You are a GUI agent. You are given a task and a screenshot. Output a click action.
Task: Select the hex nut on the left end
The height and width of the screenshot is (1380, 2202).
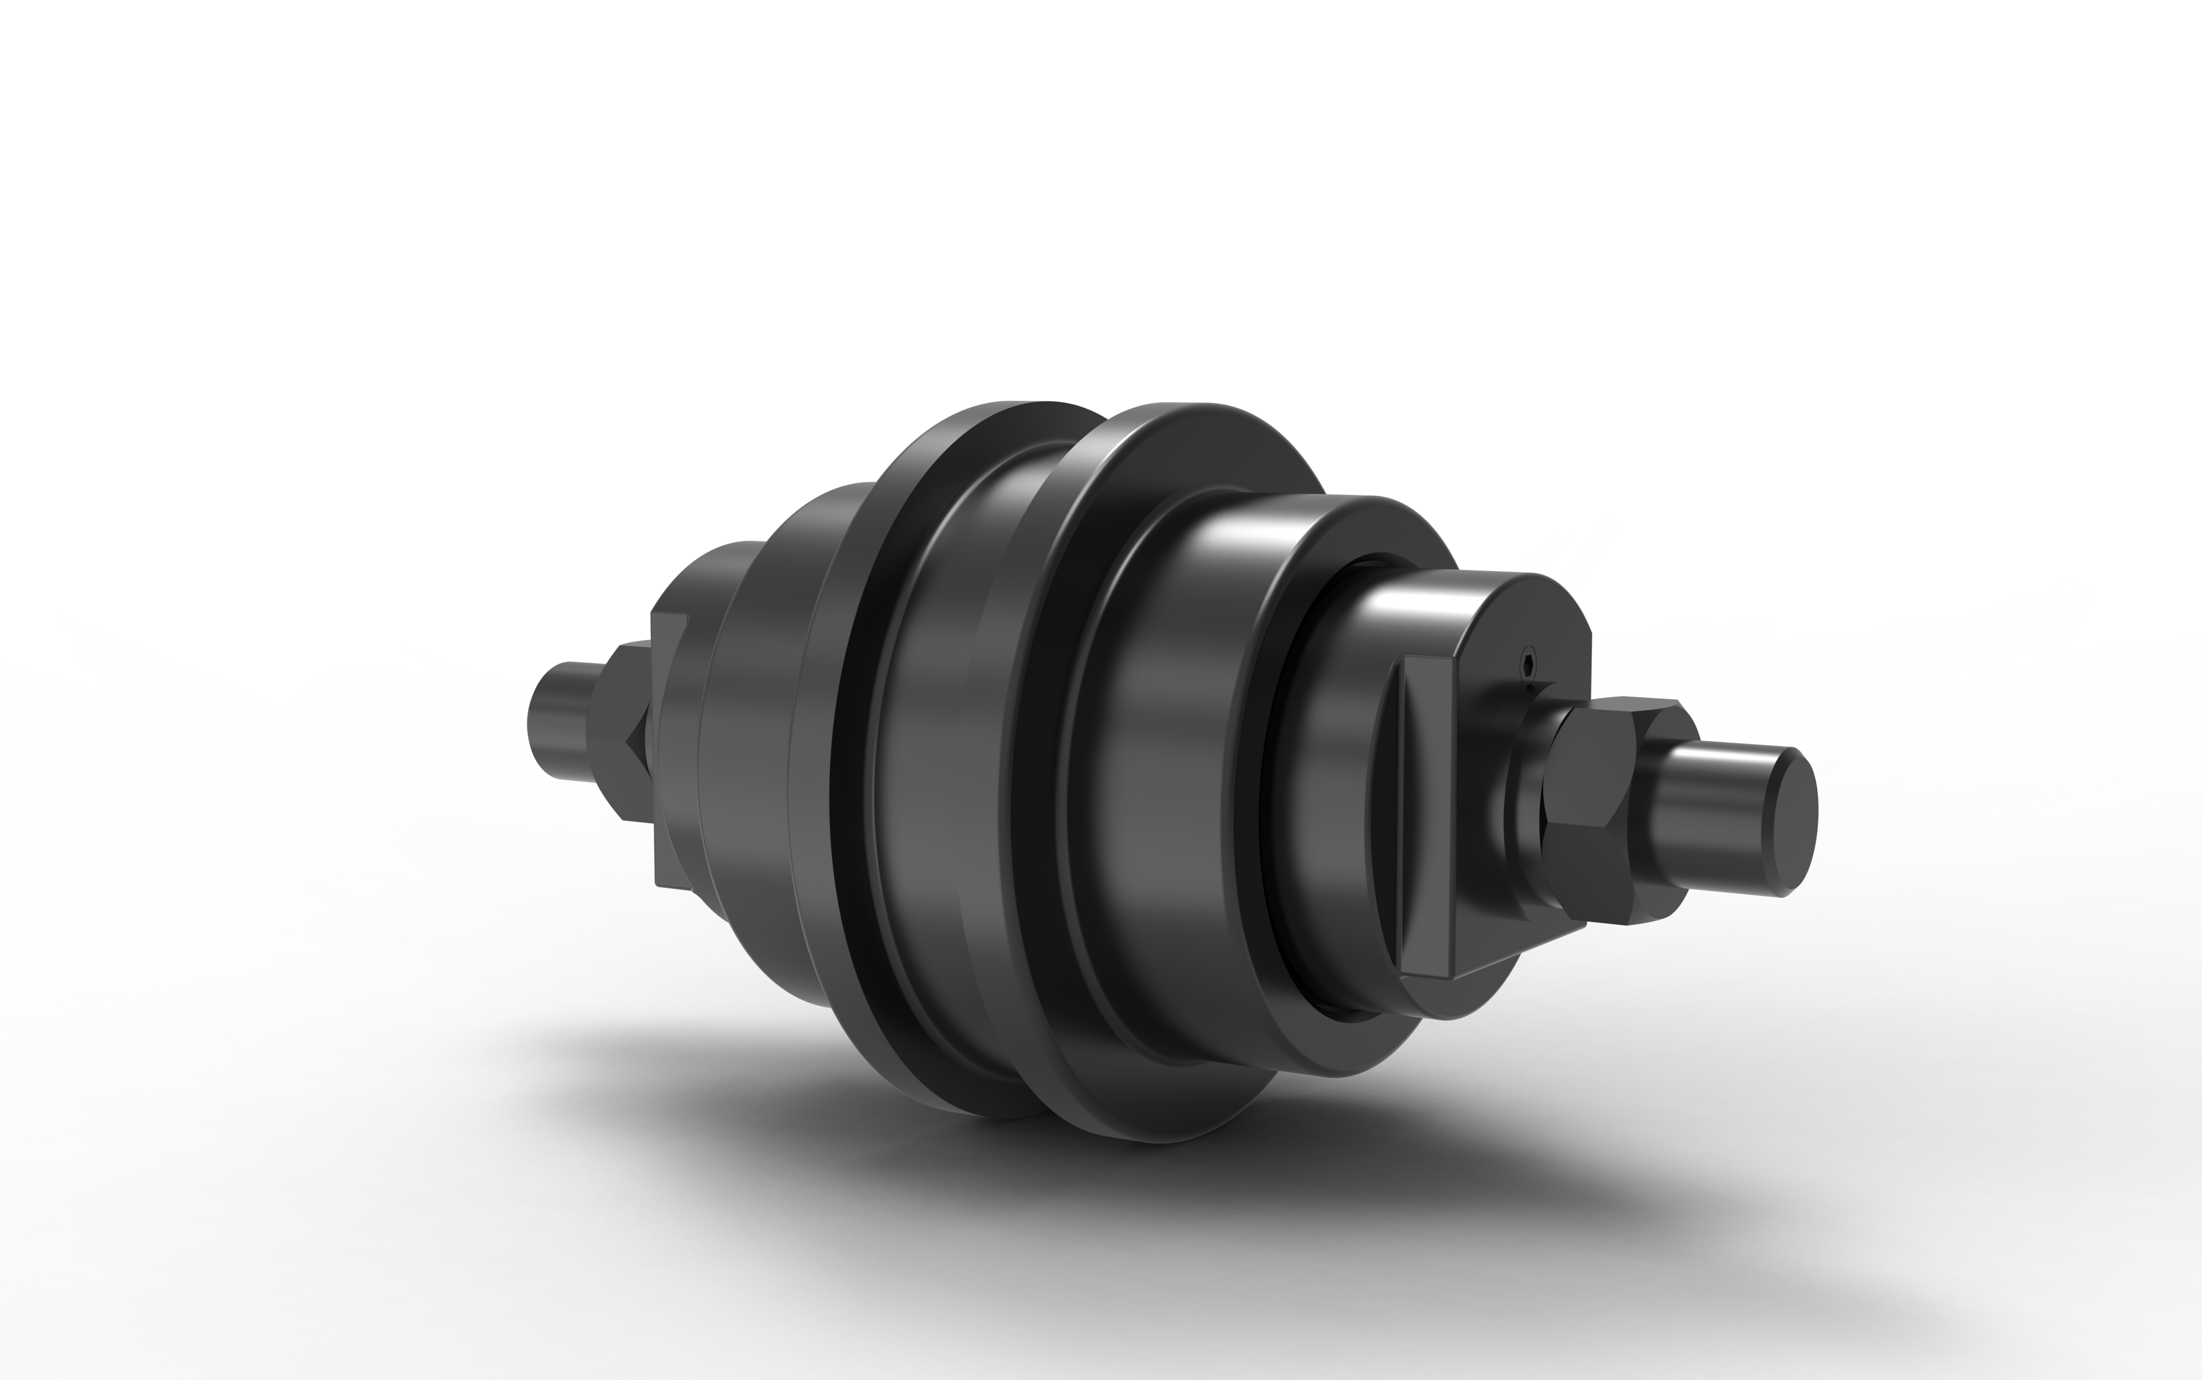pos(621,730)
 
